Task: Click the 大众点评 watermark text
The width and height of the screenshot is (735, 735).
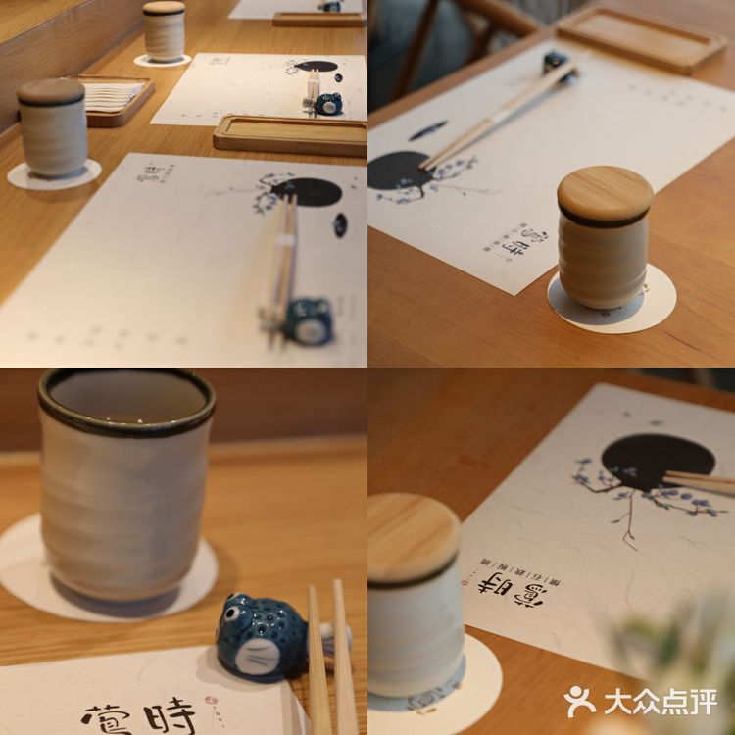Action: tap(660, 702)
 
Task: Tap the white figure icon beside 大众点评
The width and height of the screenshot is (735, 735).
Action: tap(580, 701)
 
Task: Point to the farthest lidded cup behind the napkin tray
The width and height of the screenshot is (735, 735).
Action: tap(164, 30)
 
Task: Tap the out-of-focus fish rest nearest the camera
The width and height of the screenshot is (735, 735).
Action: tap(308, 319)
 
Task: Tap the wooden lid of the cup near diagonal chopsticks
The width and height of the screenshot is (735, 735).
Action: tap(605, 193)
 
